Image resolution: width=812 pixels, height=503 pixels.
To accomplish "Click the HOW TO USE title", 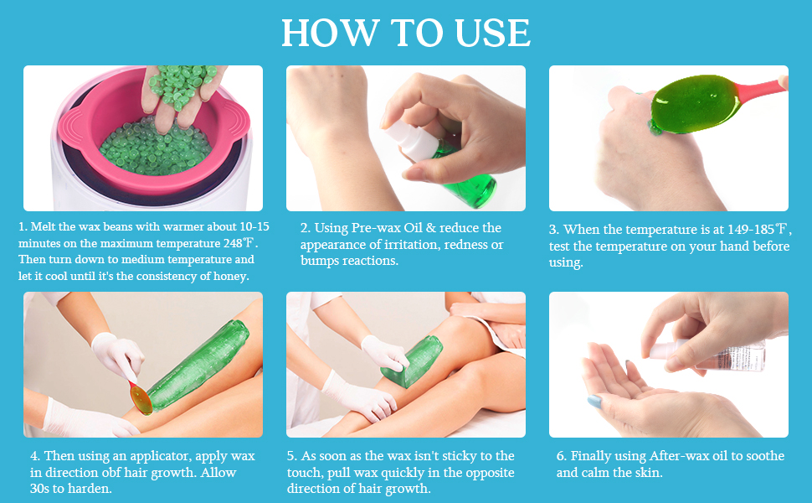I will [x=406, y=33].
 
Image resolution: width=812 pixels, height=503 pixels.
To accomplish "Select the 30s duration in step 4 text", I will [x=40, y=489].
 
